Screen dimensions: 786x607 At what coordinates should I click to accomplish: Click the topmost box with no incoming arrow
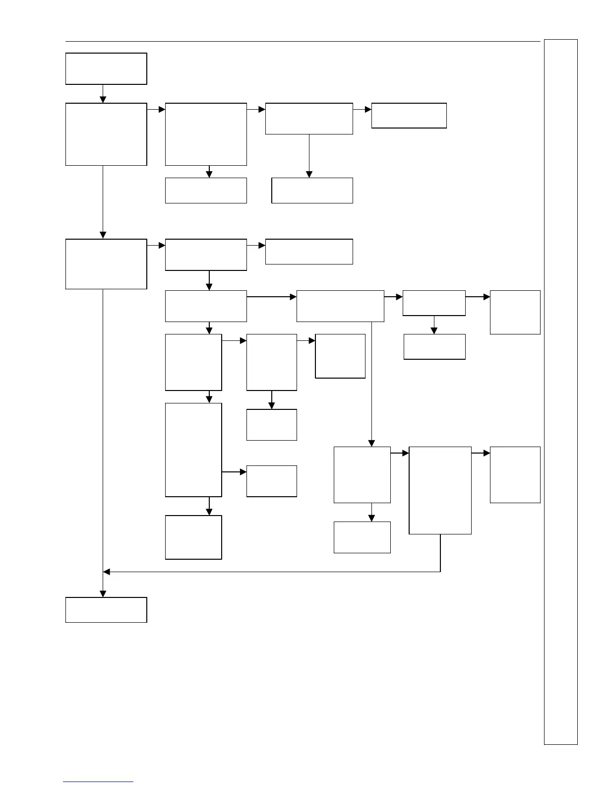pyautogui.click(x=106, y=68)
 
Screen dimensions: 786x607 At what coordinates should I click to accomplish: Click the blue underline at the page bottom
pyautogui.click(x=98, y=782)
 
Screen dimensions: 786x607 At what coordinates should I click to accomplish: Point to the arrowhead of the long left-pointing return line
pyautogui.click(x=106, y=572)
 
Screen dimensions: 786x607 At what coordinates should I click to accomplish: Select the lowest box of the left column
pyautogui.click(x=106, y=610)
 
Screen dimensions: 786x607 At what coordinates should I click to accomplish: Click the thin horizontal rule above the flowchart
pyautogui.click(x=303, y=42)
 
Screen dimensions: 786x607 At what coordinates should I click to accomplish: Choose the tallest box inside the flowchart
pyautogui.click(x=193, y=450)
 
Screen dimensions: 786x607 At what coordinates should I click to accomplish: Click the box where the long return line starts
pyautogui.click(x=440, y=490)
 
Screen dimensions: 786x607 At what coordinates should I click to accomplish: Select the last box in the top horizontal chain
pyautogui.click(x=409, y=116)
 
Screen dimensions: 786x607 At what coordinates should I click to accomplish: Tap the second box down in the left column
pyautogui.click(x=106, y=134)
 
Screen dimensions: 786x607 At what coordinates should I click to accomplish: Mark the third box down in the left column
pyautogui.click(x=106, y=264)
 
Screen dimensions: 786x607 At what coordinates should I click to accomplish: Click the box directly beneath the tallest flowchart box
pyautogui.click(x=193, y=537)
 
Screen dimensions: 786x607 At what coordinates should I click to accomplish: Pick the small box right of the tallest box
pyautogui.click(x=272, y=481)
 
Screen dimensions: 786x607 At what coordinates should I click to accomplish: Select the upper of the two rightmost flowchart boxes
pyautogui.click(x=515, y=312)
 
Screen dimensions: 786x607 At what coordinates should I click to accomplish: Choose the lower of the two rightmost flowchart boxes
pyautogui.click(x=515, y=475)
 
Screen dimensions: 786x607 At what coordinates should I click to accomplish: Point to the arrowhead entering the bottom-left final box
pyautogui.click(x=103, y=594)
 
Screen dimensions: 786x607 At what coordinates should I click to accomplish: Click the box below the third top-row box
pyautogui.click(x=312, y=191)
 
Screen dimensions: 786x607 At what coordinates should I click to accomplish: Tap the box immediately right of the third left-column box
pyautogui.click(x=206, y=255)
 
